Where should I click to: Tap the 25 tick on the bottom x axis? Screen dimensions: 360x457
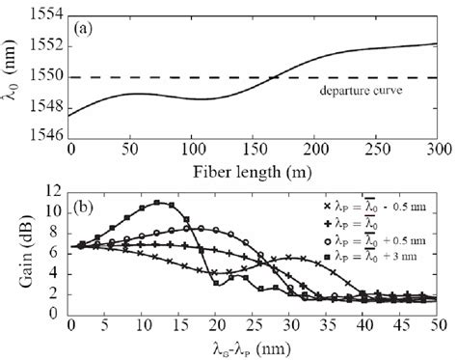tap(253, 324)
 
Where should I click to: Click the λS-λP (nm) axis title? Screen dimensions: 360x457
tap(253, 346)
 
